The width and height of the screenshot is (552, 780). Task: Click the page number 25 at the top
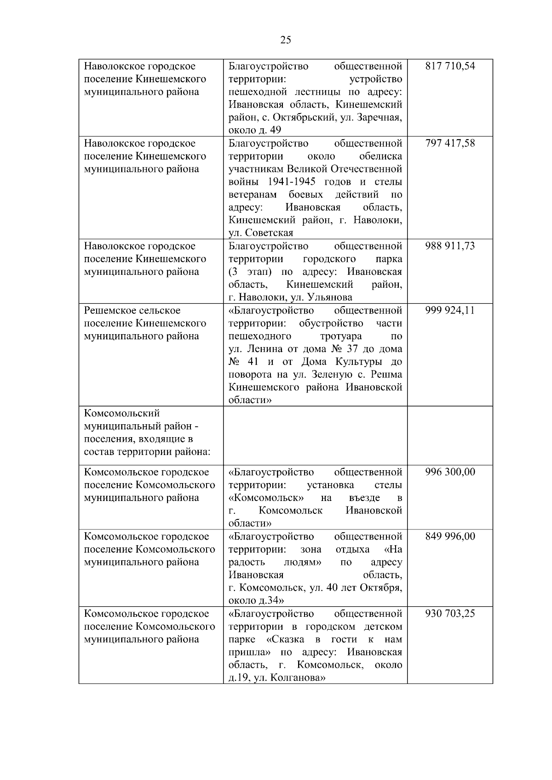[x=285, y=40]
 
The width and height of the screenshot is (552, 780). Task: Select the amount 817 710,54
[x=450, y=66]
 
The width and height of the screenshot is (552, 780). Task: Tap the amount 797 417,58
[x=450, y=143]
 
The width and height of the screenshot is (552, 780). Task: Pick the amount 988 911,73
[x=450, y=246]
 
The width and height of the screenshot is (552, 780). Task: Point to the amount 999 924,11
[x=450, y=311]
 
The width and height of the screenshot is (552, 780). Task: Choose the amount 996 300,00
[x=450, y=473]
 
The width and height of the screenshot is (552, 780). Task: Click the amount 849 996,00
[x=450, y=537]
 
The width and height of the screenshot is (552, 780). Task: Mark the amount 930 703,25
[x=450, y=614]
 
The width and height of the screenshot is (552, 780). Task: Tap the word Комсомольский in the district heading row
[x=121, y=414]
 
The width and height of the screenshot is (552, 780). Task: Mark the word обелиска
[x=380, y=156]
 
